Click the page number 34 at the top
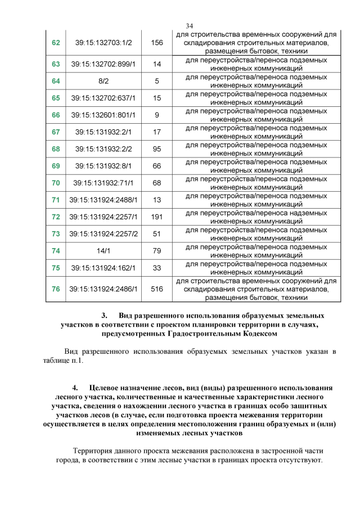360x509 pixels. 189,26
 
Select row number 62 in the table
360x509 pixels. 56,43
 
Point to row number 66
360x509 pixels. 56,115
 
